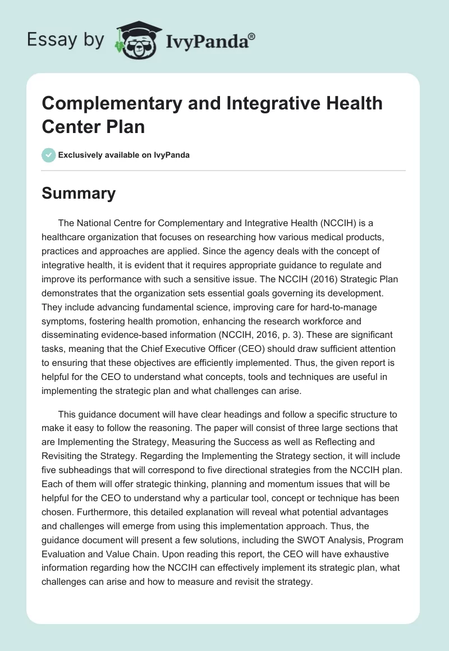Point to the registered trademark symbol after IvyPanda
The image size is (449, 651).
click(252, 35)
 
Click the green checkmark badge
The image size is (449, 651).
click(49, 155)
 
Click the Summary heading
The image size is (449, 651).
click(79, 193)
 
